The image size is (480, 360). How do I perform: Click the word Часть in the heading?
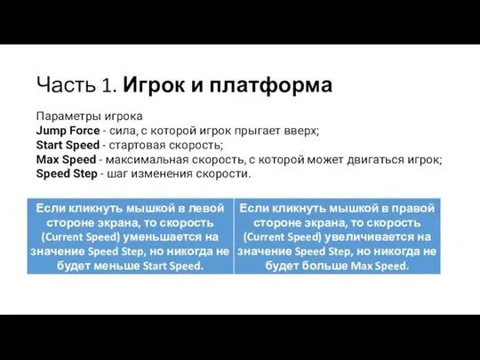pos(66,84)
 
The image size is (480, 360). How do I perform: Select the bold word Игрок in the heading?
pos(155,84)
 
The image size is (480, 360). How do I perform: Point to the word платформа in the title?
pos(271,84)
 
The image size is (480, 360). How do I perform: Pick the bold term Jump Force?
pos(68,131)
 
